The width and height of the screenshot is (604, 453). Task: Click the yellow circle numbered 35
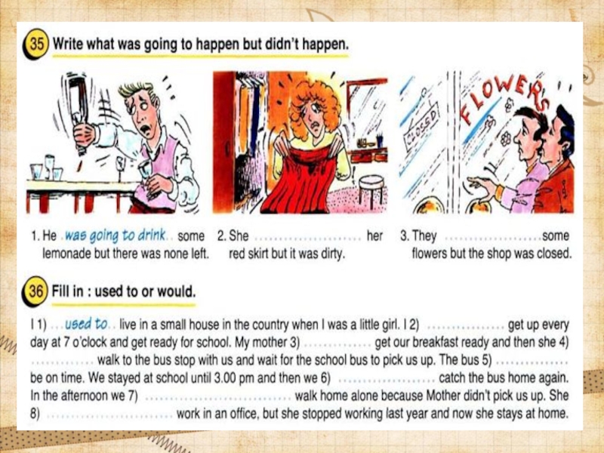pos(36,44)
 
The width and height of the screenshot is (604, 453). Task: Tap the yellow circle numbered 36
pos(35,291)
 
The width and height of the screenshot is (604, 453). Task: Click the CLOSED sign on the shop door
pos(421,126)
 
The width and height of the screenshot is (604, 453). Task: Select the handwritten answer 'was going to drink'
pos(115,236)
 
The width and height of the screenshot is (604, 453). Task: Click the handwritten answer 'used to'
pos(86,325)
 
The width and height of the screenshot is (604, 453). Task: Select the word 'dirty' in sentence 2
pos(331,254)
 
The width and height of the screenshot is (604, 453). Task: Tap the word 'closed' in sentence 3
pos(553,254)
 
